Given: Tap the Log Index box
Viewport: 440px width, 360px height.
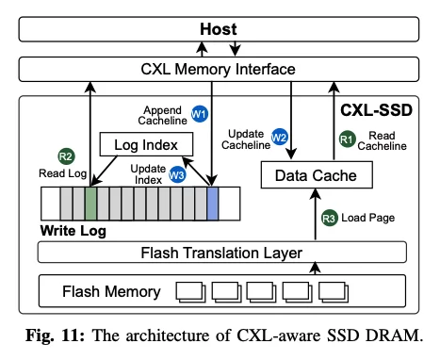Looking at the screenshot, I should (x=146, y=144).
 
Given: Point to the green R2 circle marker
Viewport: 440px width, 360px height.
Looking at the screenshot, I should (x=66, y=156).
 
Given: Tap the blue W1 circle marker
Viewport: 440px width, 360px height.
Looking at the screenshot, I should (x=199, y=114).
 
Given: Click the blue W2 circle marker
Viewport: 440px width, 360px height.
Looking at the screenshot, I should (x=279, y=137).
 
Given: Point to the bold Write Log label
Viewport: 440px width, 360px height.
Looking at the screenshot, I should (x=73, y=229).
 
